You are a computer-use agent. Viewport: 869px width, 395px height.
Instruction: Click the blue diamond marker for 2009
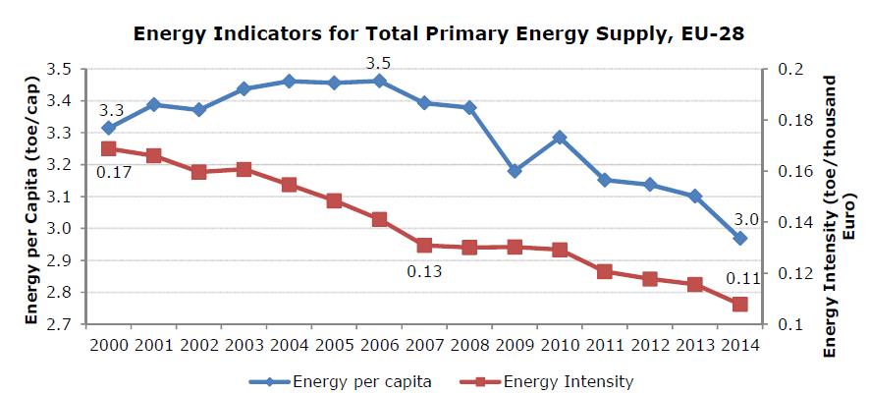pos(515,171)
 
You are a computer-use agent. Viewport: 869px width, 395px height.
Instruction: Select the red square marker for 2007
pos(424,246)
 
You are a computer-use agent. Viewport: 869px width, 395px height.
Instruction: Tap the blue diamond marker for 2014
pos(740,239)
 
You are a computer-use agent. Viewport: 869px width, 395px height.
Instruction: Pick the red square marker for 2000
pos(108,149)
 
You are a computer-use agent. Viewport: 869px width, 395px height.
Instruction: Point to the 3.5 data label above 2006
pos(378,64)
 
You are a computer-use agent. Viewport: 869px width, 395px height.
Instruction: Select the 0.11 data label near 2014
pos(738,279)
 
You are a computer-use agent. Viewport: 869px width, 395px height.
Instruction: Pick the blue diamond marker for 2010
pos(560,138)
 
